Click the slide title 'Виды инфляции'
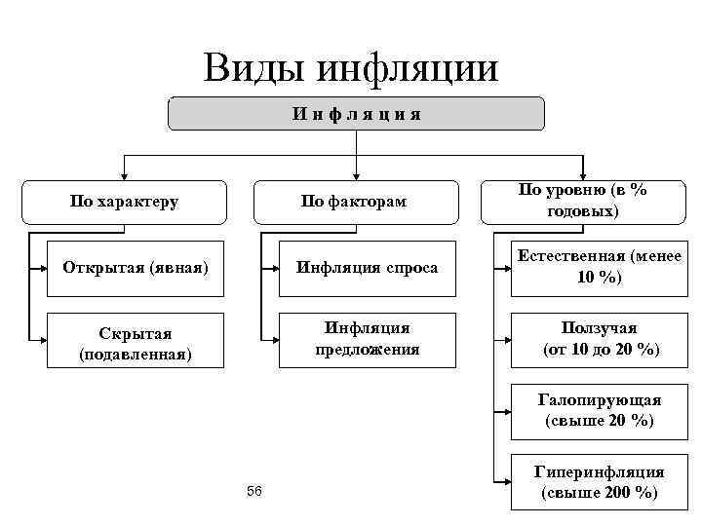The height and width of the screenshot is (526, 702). [351, 67]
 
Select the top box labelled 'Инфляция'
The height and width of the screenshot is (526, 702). [356, 114]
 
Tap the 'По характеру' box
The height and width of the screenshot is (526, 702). [124, 202]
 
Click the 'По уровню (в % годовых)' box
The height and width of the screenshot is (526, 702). [583, 201]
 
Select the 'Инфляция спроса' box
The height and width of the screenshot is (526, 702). [368, 267]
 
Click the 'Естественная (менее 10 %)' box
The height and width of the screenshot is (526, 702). [601, 267]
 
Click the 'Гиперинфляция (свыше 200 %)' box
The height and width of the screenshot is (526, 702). [601, 482]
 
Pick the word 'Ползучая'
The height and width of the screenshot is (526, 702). [600, 328]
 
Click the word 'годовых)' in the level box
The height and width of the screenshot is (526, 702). [583, 211]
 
